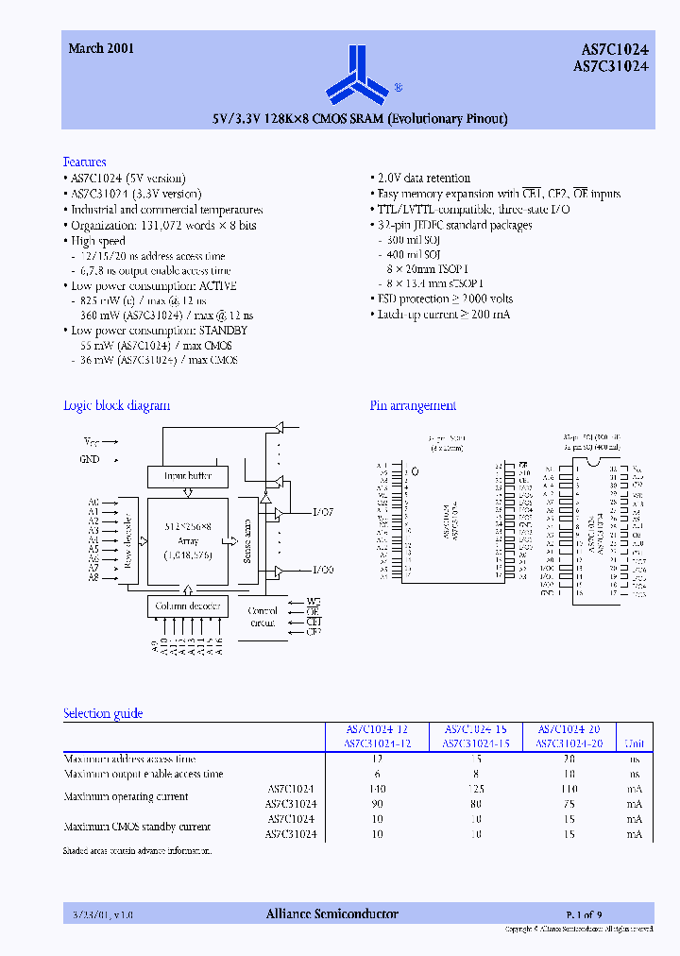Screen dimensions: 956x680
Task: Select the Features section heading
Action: (84, 162)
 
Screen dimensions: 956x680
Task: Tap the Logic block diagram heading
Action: (116, 405)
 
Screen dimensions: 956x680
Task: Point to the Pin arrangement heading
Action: (413, 405)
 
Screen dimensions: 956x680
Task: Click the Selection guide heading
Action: (103, 713)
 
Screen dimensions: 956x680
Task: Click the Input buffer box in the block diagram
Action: (187, 476)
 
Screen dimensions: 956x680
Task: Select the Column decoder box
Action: (187, 605)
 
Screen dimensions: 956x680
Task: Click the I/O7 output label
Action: (323, 513)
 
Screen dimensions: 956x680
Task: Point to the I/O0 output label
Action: (323, 571)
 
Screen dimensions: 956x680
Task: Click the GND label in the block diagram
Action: (90, 459)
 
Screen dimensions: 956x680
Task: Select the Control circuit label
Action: (263, 617)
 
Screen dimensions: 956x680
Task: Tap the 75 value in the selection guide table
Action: (569, 803)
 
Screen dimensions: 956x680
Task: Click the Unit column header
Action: (635, 743)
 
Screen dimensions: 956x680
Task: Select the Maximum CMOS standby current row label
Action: (136, 827)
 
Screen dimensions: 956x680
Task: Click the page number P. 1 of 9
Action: (585, 913)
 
